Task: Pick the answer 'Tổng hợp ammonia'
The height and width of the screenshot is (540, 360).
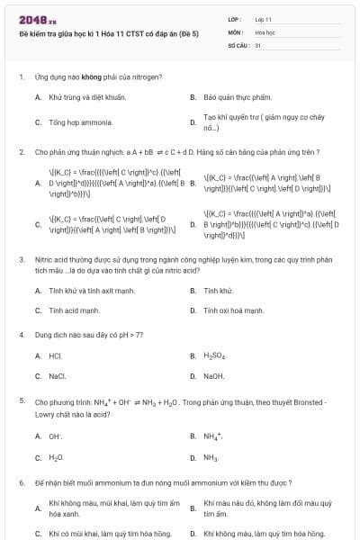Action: [x=74, y=121]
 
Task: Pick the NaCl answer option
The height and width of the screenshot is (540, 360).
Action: [x=57, y=376]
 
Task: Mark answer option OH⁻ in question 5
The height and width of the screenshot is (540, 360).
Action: [x=55, y=436]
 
